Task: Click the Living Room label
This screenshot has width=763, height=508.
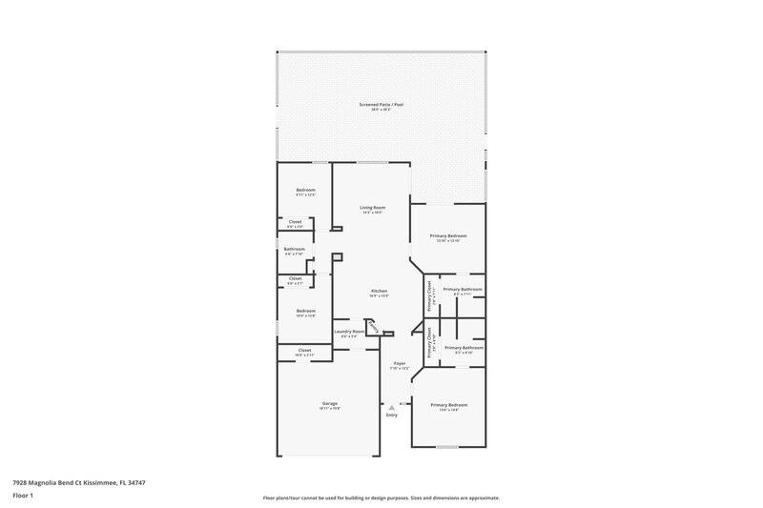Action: pyautogui.click(x=372, y=207)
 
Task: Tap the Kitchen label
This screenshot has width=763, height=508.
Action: pyautogui.click(x=378, y=290)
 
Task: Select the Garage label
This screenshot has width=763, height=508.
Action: pyautogui.click(x=329, y=403)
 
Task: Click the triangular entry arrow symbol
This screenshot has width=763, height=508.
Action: pyautogui.click(x=391, y=406)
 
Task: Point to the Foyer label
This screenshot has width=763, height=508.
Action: pyautogui.click(x=400, y=363)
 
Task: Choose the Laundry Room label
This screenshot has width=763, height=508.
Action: pyautogui.click(x=348, y=331)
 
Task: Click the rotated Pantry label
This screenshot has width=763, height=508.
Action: pyautogui.click(x=375, y=329)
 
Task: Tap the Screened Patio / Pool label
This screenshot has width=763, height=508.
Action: pyautogui.click(x=381, y=104)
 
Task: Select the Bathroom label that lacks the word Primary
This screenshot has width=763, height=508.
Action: pyautogui.click(x=294, y=249)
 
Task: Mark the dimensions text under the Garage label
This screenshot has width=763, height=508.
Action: pyautogui.click(x=329, y=409)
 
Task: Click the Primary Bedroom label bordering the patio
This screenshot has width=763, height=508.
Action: pyautogui.click(x=448, y=235)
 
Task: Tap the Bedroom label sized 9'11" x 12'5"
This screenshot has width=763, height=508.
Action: pyautogui.click(x=305, y=190)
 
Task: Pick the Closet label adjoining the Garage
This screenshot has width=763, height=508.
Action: pyautogui.click(x=304, y=350)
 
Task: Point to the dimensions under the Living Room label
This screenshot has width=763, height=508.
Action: pyautogui.click(x=372, y=213)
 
